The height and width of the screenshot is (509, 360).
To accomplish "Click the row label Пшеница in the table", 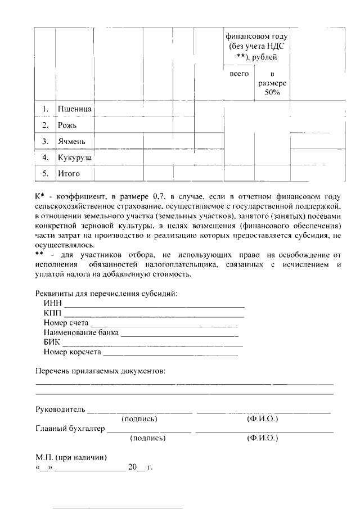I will tap(74, 109).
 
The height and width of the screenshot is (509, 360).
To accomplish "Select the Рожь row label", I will tap(67, 125).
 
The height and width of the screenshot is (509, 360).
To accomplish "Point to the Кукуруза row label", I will tap(74, 157).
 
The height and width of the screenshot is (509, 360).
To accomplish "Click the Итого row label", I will tap(69, 174).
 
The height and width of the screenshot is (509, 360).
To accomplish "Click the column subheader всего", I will tap(239, 74).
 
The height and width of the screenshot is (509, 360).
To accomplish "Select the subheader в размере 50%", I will tap(272, 83).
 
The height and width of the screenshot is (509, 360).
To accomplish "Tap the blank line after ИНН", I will tap(154, 307).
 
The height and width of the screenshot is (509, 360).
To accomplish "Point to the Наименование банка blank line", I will tap(179, 335).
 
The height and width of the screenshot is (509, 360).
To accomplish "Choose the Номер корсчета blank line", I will tap(170, 354).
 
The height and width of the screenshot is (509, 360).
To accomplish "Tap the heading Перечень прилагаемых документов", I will tap(100, 372).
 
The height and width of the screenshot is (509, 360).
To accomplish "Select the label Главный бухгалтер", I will tap(70, 428).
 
